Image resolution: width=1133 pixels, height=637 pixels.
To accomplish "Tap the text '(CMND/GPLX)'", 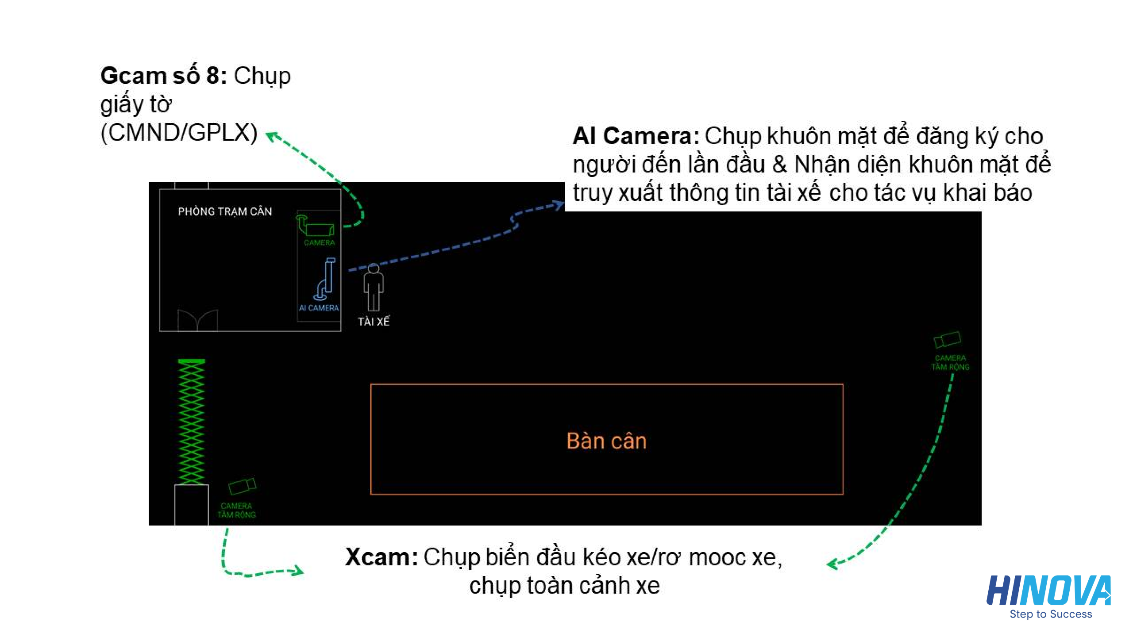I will pos(179,132).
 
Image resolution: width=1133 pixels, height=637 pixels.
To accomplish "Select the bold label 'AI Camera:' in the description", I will pos(636,136).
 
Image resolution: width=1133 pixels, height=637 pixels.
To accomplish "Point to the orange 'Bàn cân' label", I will pos(606,441).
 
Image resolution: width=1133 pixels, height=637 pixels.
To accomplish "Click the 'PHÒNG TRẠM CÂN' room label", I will pos(224,211).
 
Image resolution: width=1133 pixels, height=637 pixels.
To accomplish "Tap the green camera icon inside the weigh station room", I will pos(316,226).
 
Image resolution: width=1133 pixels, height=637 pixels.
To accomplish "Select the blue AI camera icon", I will pos(326,279).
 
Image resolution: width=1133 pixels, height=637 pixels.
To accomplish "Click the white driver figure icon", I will pos(374,287).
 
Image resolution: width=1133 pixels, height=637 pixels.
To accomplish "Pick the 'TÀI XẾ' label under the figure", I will pos(374,322).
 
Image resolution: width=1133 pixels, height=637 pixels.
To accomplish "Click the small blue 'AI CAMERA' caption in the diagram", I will pos(319,308).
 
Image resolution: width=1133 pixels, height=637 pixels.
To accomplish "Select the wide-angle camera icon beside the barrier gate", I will pos(242,486).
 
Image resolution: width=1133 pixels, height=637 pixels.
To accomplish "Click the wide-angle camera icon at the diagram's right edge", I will pos(947,340).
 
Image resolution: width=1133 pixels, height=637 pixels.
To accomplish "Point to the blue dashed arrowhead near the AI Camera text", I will pos(559,205).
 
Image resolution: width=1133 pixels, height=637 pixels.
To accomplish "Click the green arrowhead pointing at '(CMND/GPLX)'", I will pos(271,136).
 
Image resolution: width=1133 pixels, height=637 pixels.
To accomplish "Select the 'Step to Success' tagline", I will pos(1051,614).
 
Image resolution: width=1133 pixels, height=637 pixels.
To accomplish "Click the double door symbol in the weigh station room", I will pos(197,320).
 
